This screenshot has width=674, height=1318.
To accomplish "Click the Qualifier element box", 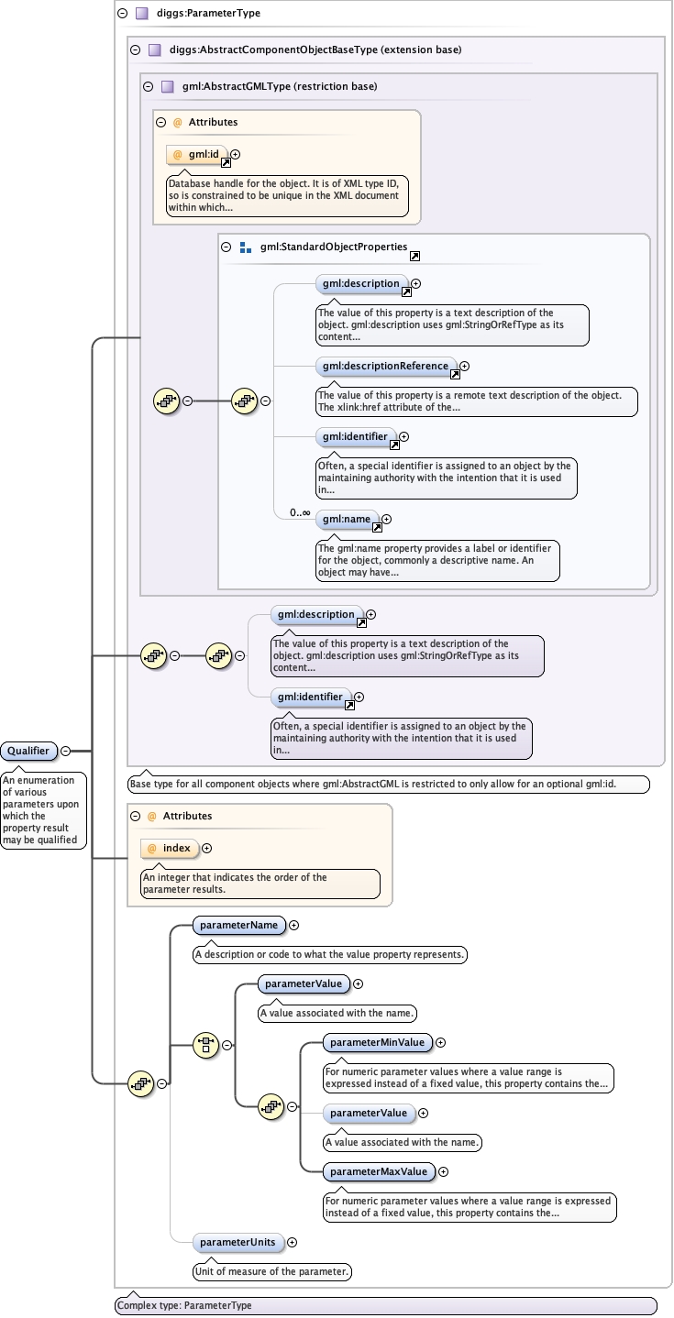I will coord(28,751).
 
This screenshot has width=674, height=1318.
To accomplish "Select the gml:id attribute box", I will coord(197,154).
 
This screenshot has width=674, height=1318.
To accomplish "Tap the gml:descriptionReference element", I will coord(386,366).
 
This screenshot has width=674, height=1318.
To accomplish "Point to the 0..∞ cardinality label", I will coord(300,512).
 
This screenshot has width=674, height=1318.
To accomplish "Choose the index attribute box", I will coord(170,848).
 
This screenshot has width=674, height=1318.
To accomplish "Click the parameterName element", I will coord(238,925).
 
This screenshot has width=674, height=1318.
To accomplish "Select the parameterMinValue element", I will coord(377,1042).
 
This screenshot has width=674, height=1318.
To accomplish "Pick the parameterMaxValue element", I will coord(379,1170).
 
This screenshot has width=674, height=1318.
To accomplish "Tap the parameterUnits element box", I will coord(238,1242).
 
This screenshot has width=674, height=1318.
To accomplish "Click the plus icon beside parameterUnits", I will coord(293,1242).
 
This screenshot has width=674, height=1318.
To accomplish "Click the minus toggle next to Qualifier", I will coord(66,751).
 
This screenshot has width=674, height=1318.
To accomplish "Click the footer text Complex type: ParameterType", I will coord(184,1305).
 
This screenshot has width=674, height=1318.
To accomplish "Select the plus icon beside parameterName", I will coord(294,925).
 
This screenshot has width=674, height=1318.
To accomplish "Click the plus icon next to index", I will coord(206,848).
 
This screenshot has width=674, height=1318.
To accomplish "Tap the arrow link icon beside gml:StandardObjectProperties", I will coord(415,257).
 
